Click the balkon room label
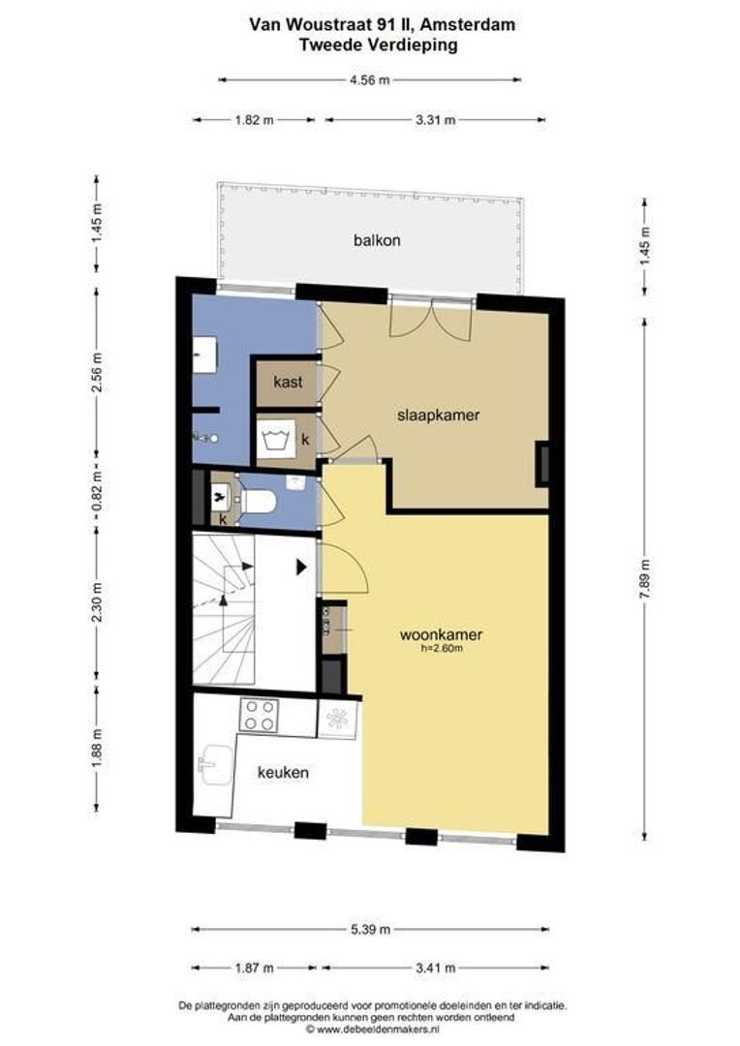tap(377, 240)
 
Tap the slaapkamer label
tap(439, 415)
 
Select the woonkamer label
tap(441, 634)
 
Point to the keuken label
tap(283, 773)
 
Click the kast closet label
tap(288, 382)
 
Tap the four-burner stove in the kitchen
tap(259, 715)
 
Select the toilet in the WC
tap(259, 501)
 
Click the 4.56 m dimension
tap(370, 80)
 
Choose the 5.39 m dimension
tap(370, 929)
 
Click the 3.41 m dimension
tap(435, 968)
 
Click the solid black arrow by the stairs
tap(301, 568)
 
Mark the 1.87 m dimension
tap(254, 968)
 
